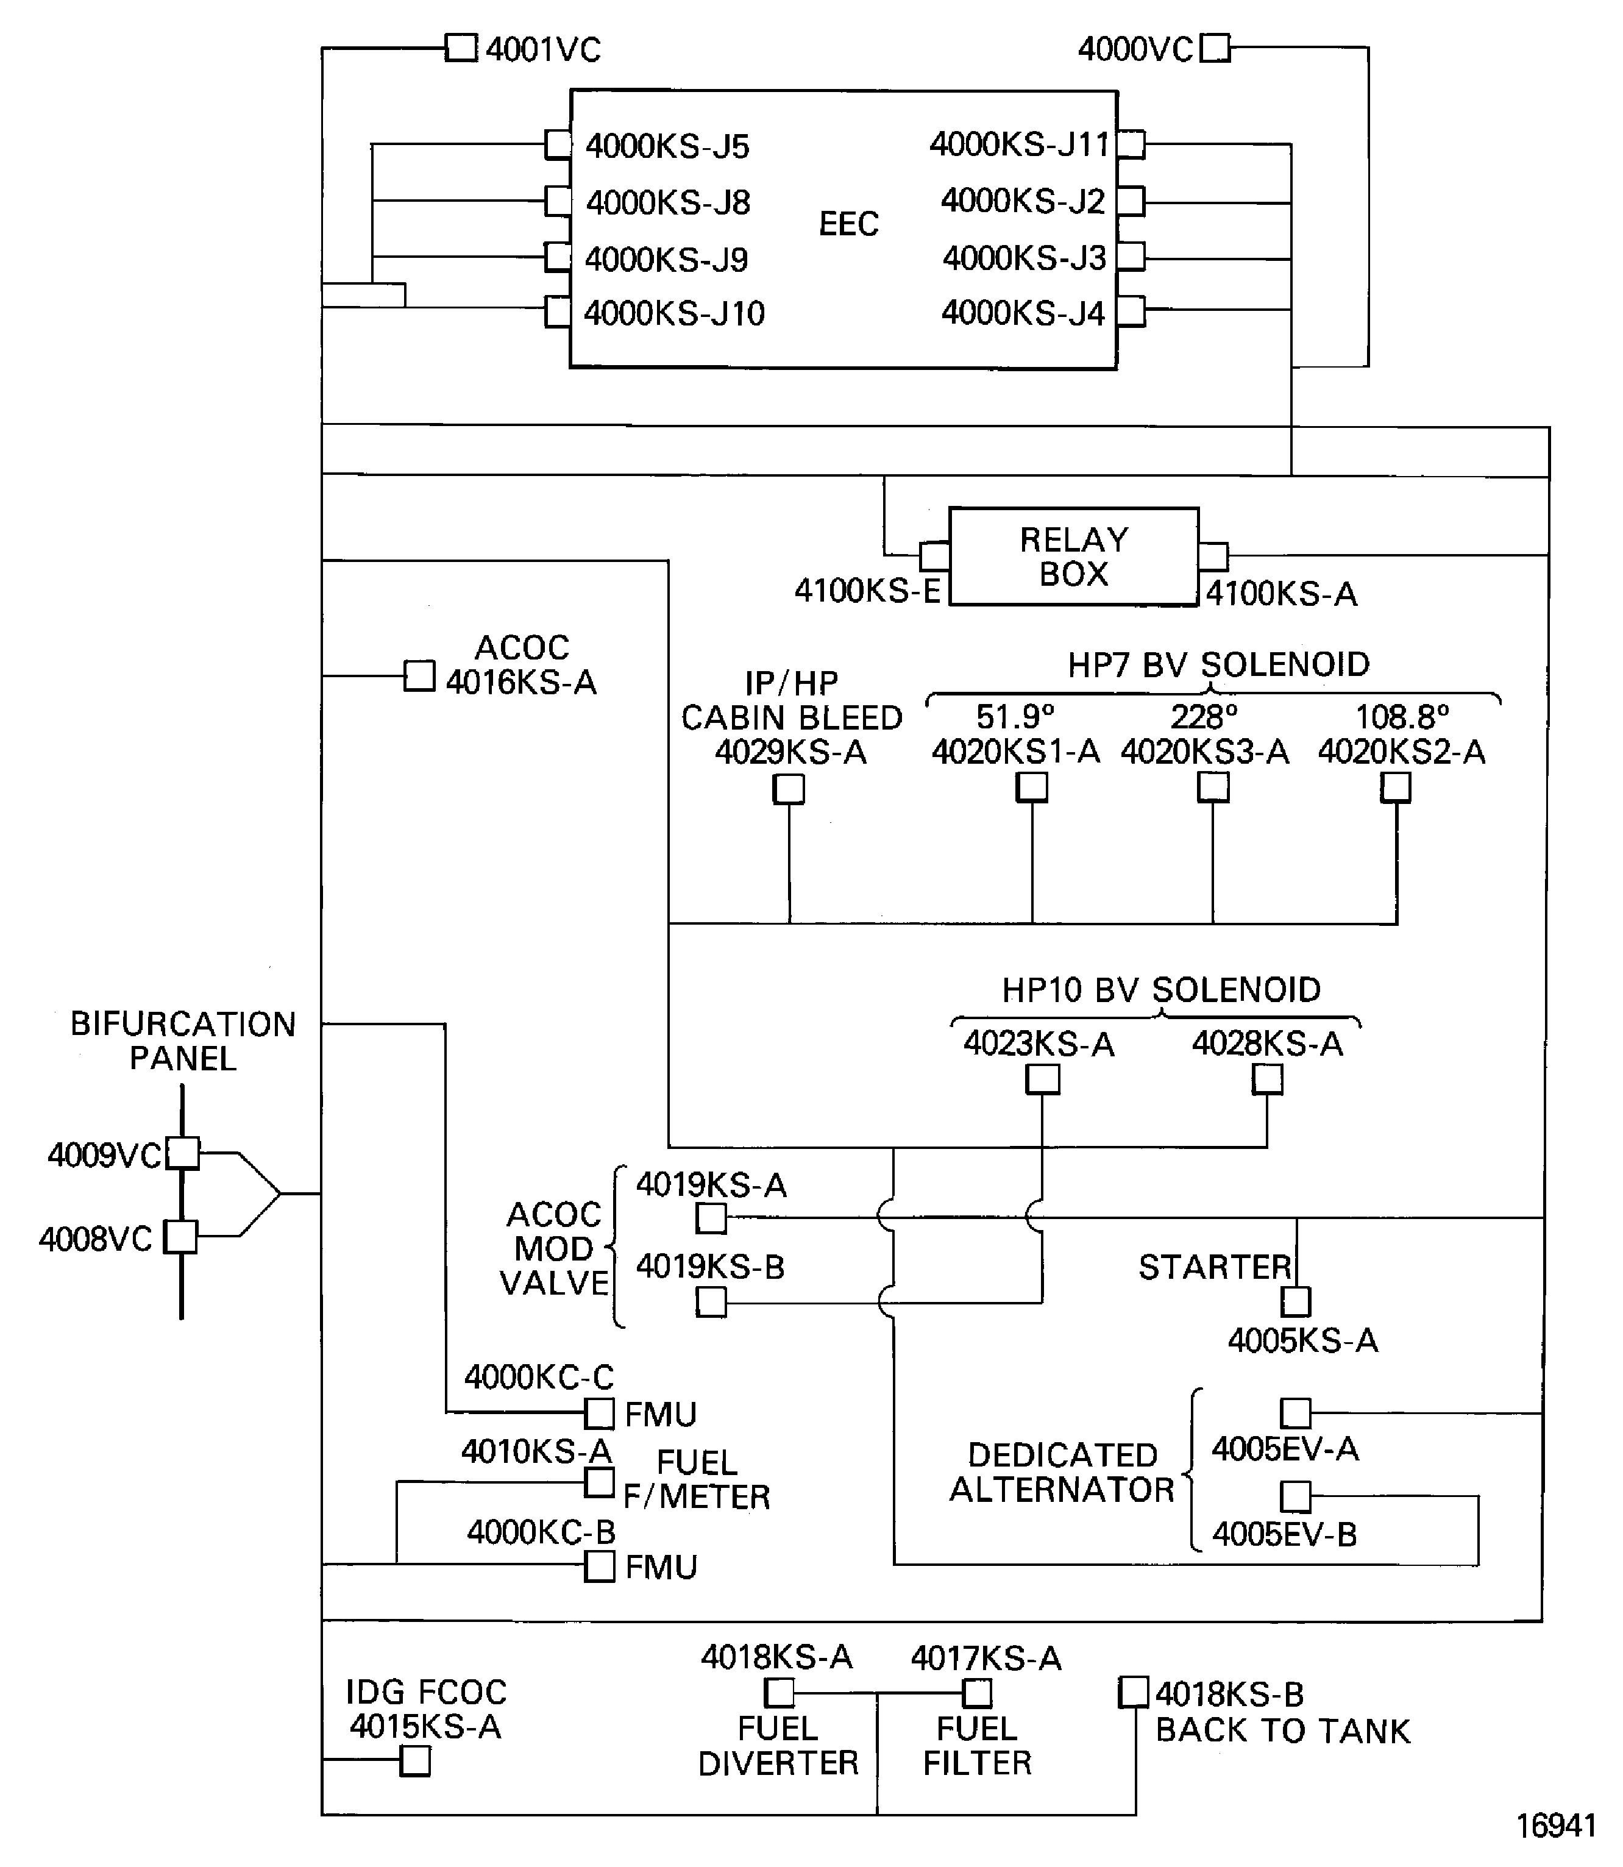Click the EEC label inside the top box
click(x=848, y=224)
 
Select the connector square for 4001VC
click(x=461, y=48)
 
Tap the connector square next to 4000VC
click(x=1215, y=48)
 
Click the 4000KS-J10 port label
click(x=674, y=313)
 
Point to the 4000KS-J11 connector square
click(x=1131, y=144)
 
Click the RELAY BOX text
click(x=1073, y=557)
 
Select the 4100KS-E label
click(x=867, y=591)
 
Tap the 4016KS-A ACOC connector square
click(x=419, y=676)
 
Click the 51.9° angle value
click(x=1014, y=717)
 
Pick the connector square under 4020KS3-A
click(x=1213, y=787)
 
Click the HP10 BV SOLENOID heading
click(x=1160, y=989)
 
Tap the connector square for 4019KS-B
click(x=711, y=1302)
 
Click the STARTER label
click(x=1213, y=1267)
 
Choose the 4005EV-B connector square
click(x=1295, y=1496)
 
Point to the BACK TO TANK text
click(x=1282, y=1730)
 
